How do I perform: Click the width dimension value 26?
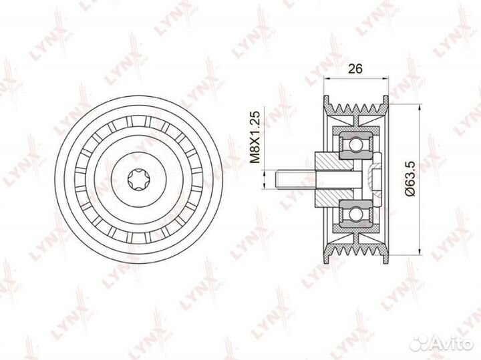[355, 69]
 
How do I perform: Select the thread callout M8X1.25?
[255, 137]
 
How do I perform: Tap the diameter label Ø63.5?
[410, 178]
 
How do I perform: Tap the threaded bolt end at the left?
[295, 180]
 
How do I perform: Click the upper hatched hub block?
[333, 161]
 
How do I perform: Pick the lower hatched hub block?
[333, 198]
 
